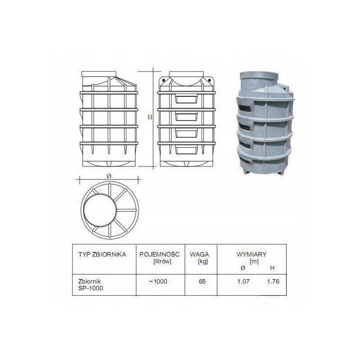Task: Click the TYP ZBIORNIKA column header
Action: pos(102,254)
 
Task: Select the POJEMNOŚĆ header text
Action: pos(160,254)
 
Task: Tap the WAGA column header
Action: pos(199,254)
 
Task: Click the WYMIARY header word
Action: pos(252,254)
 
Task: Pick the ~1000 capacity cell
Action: pos(158,281)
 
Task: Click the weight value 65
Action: pos(202,281)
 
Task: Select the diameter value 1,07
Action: pos(243,282)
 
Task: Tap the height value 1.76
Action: pos(273,281)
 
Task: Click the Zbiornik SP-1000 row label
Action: pos(90,285)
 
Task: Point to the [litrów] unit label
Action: pos(162,261)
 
